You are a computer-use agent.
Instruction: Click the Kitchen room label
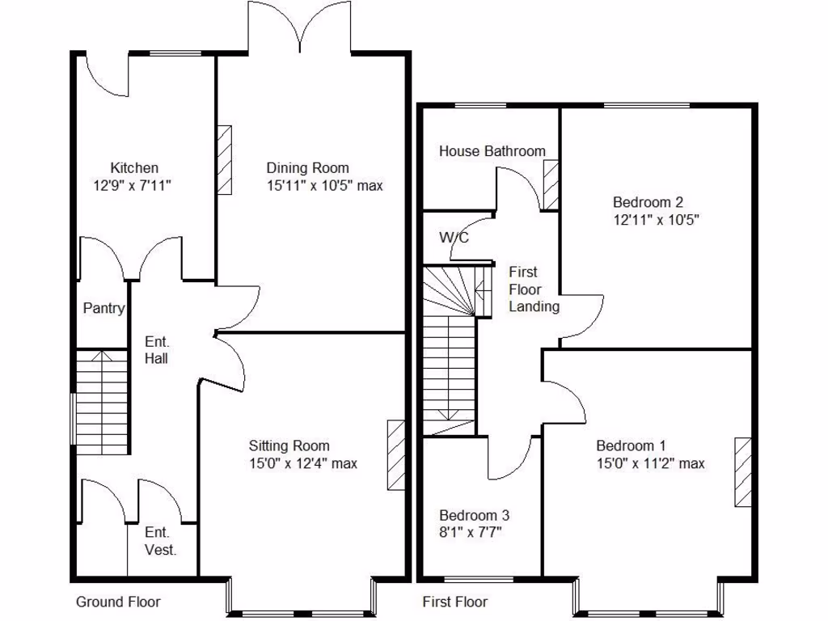pos(134,168)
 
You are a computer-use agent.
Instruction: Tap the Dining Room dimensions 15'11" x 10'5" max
pos(324,185)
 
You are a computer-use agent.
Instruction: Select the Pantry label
pos(104,308)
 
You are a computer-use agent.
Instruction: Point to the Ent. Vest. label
pos(160,541)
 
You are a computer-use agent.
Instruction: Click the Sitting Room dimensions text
pos(302,463)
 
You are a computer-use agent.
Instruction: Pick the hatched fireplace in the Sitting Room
pos(396,454)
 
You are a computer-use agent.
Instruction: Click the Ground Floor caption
pos(118,602)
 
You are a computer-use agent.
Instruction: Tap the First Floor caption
pos(455,602)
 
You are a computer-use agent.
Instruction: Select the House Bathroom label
pos(492,151)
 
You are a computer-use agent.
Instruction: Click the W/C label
pos(454,238)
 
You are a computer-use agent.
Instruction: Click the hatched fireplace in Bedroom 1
pos(742,472)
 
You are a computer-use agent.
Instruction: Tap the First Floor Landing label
pos(534,289)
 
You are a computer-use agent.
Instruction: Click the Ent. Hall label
pos(156,349)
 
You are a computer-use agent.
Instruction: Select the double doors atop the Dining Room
pos(300,28)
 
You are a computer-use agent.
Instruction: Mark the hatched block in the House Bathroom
pos(551,185)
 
